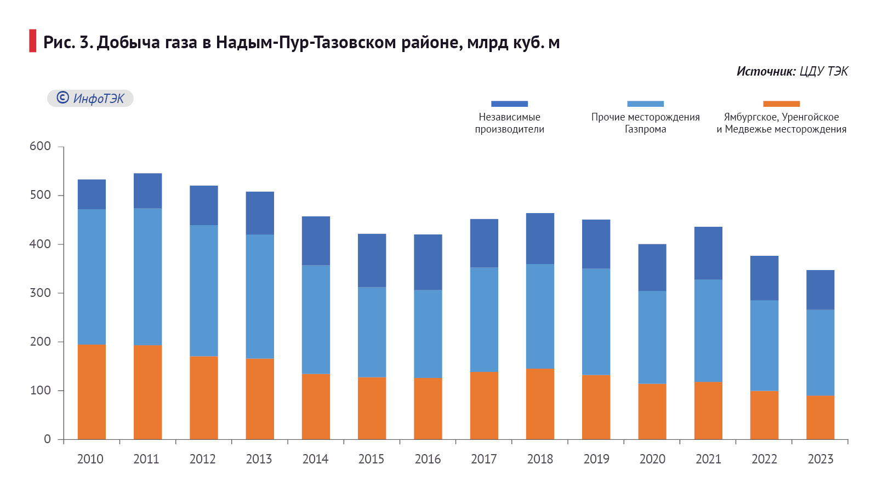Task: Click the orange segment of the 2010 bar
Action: pos(92,392)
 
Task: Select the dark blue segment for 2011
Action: pos(147,191)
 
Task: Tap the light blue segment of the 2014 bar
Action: pos(316,319)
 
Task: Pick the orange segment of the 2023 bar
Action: pos(820,417)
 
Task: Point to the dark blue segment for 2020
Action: pos(652,267)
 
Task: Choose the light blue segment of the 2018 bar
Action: pos(540,316)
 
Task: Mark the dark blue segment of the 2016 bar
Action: pos(428,262)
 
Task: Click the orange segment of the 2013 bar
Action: pos(260,399)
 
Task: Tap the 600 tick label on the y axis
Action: pos(40,146)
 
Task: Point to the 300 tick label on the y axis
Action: pos(40,293)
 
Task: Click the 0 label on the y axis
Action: pos(47,439)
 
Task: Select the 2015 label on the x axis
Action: pos(371,459)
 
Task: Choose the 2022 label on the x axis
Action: pos(764,459)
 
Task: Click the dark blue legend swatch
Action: pos(509,104)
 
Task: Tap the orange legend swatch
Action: pos(781,104)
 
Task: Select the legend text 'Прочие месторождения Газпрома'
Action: pos(645,123)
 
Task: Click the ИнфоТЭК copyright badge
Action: pos(90,98)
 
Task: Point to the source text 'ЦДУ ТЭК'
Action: pos(823,71)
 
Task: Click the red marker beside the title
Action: pos(33,41)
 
